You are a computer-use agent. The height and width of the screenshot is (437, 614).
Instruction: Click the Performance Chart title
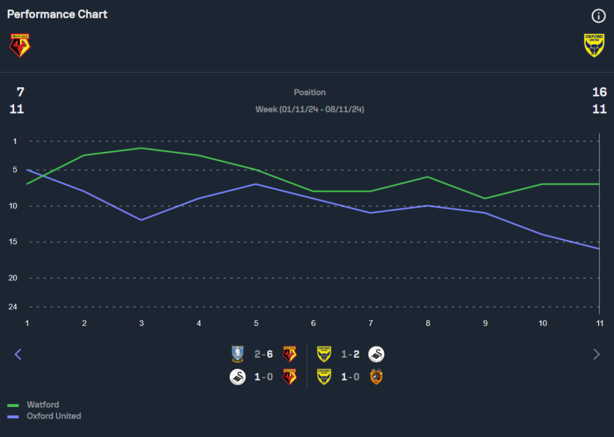point(57,14)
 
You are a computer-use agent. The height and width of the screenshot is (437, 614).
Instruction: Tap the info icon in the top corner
point(599,16)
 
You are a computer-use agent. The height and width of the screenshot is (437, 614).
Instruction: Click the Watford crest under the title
point(20,45)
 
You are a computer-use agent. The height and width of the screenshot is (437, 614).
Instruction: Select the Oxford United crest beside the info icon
point(594,45)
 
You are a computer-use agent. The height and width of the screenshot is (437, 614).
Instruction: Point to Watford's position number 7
point(20,92)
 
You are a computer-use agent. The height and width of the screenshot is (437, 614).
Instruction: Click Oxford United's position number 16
point(599,92)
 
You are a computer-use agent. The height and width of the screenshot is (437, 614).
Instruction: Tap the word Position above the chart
point(309,92)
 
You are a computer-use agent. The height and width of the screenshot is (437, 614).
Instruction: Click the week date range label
point(309,109)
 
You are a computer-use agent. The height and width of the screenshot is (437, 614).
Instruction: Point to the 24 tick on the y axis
point(12,307)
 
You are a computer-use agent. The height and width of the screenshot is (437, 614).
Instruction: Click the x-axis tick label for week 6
point(313,323)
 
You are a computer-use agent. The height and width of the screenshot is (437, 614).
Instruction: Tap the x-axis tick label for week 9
point(485,323)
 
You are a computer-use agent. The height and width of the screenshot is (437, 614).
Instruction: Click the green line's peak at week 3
point(141,148)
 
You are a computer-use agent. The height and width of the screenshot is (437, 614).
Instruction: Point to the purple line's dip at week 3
point(141,220)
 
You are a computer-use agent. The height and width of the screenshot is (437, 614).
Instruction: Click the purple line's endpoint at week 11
point(599,249)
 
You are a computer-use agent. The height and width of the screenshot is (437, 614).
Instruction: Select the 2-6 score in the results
point(263,354)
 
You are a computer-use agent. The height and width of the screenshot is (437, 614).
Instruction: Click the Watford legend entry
point(43,404)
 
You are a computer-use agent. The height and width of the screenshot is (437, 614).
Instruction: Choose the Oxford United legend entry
point(53,416)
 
